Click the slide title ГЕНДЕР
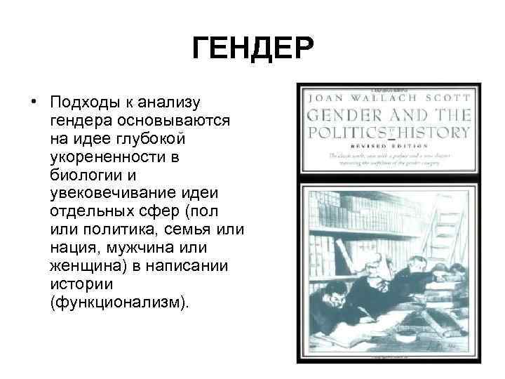click(x=252, y=49)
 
